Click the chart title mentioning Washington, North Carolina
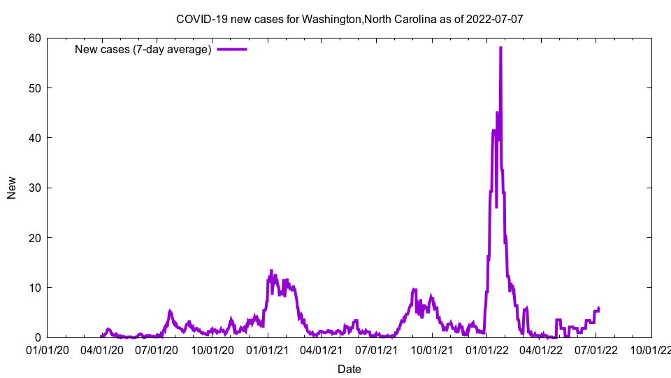click(349, 19)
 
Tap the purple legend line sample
click(232, 49)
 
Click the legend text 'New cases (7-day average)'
click(143, 49)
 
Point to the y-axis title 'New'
click(12, 188)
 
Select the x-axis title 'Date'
click(349, 369)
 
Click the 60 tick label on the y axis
click(34, 38)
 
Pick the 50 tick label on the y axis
click(34, 88)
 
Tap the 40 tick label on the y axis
click(34, 138)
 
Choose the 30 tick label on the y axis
click(34, 188)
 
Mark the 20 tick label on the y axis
click(34, 238)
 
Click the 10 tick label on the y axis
click(34, 288)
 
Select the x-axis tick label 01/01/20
click(48, 349)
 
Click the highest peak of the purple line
click(500, 48)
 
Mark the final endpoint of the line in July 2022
click(599, 307)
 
